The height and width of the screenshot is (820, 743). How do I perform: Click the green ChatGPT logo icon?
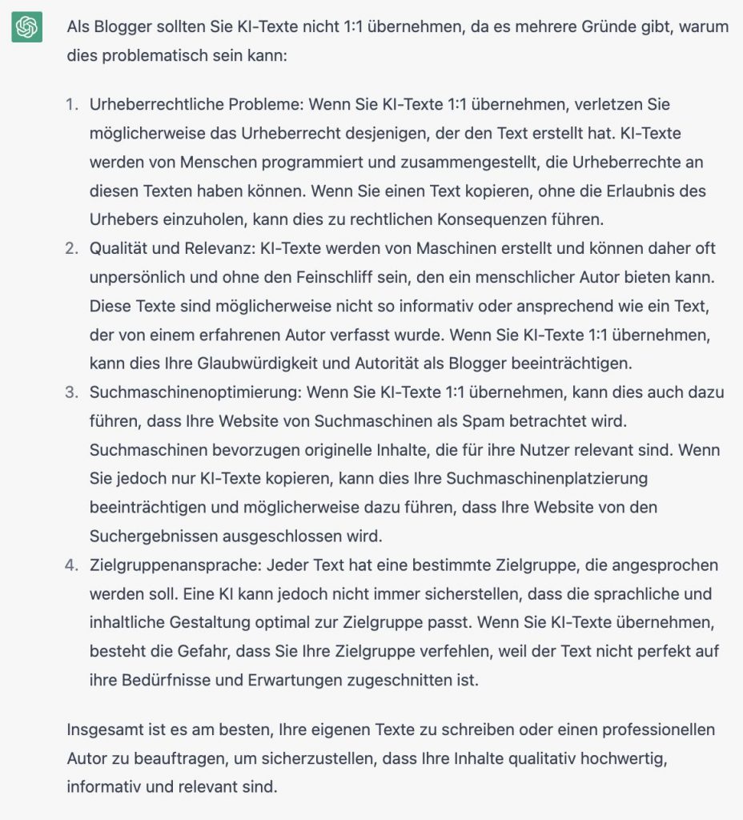point(26,28)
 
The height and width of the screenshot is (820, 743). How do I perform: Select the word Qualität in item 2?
point(118,249)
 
